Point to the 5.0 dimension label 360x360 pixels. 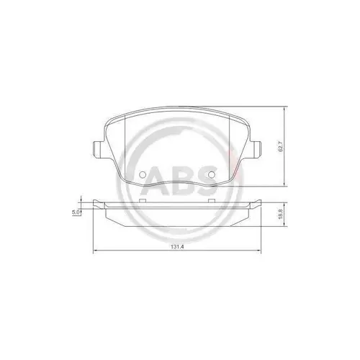point(76,211)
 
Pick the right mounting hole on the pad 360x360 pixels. point(211,174)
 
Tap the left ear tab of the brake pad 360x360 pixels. point(96,150)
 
